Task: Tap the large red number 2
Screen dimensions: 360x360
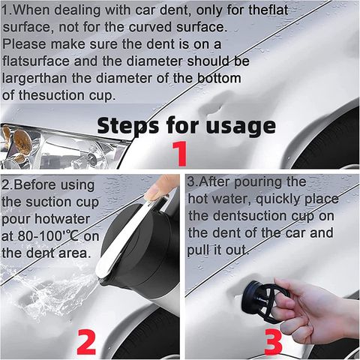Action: click(x=86, y=342)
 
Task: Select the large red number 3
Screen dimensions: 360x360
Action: click(x=273, y=342)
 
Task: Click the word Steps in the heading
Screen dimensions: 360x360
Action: click(x=127, y=125)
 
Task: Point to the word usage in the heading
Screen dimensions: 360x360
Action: click(x=241, y=127)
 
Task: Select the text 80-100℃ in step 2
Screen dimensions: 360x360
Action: click(x=48, y=236)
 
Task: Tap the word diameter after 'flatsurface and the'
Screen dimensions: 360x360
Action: click(x=154, y=61)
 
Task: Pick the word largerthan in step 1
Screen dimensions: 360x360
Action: click(x=34, y=79)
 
